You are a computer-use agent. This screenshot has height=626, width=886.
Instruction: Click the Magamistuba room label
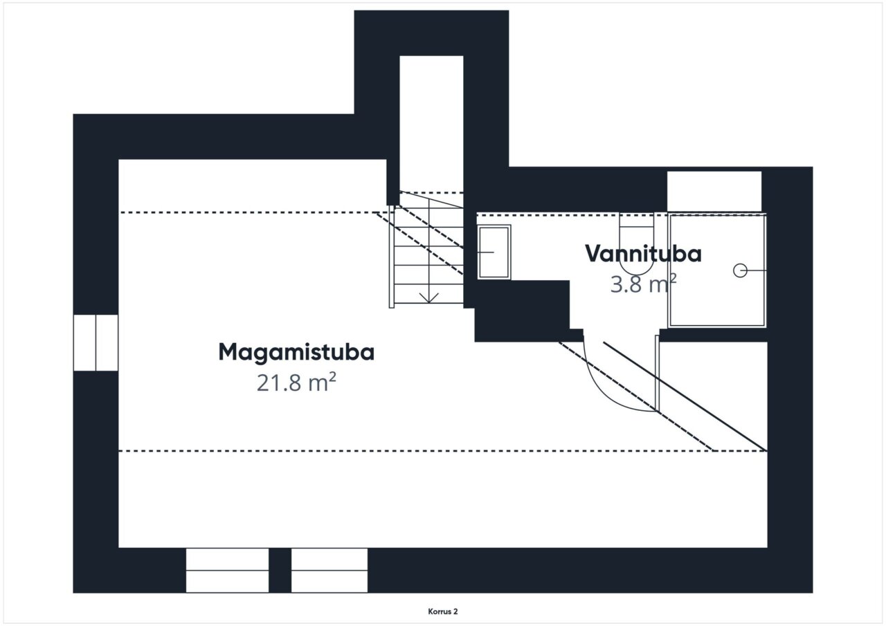point(296,352)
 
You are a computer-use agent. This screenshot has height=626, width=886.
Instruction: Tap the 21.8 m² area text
point(296,382)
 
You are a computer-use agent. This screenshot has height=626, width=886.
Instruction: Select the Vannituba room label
point(643,254)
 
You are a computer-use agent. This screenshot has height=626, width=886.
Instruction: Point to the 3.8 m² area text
point(643,284)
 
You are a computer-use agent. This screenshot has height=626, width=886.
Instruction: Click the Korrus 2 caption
point(442,611)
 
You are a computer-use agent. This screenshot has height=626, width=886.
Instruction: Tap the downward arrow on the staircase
point(428,297)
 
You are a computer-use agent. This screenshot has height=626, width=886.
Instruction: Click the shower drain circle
point(740,270)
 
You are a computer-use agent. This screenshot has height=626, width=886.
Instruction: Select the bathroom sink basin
point(494,252)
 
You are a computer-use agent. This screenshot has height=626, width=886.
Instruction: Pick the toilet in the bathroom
point(636,244)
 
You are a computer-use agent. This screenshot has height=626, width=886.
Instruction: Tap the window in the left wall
point(96,342)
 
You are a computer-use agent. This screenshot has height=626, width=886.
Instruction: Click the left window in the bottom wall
point(228,570)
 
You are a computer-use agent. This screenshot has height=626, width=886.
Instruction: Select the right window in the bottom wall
point(329,570)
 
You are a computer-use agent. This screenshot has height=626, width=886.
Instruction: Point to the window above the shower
point(714,192)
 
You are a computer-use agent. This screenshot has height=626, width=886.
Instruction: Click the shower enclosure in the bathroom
point(717,270)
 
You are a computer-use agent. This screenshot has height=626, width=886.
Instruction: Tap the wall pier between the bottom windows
point(280,570)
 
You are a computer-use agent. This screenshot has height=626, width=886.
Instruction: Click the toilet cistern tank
point(636,220)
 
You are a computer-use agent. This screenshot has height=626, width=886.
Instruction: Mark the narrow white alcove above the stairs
point(431,123)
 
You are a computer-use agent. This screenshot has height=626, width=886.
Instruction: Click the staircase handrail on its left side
point(392,257)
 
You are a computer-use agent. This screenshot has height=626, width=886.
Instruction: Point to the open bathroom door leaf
point(658,374)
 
